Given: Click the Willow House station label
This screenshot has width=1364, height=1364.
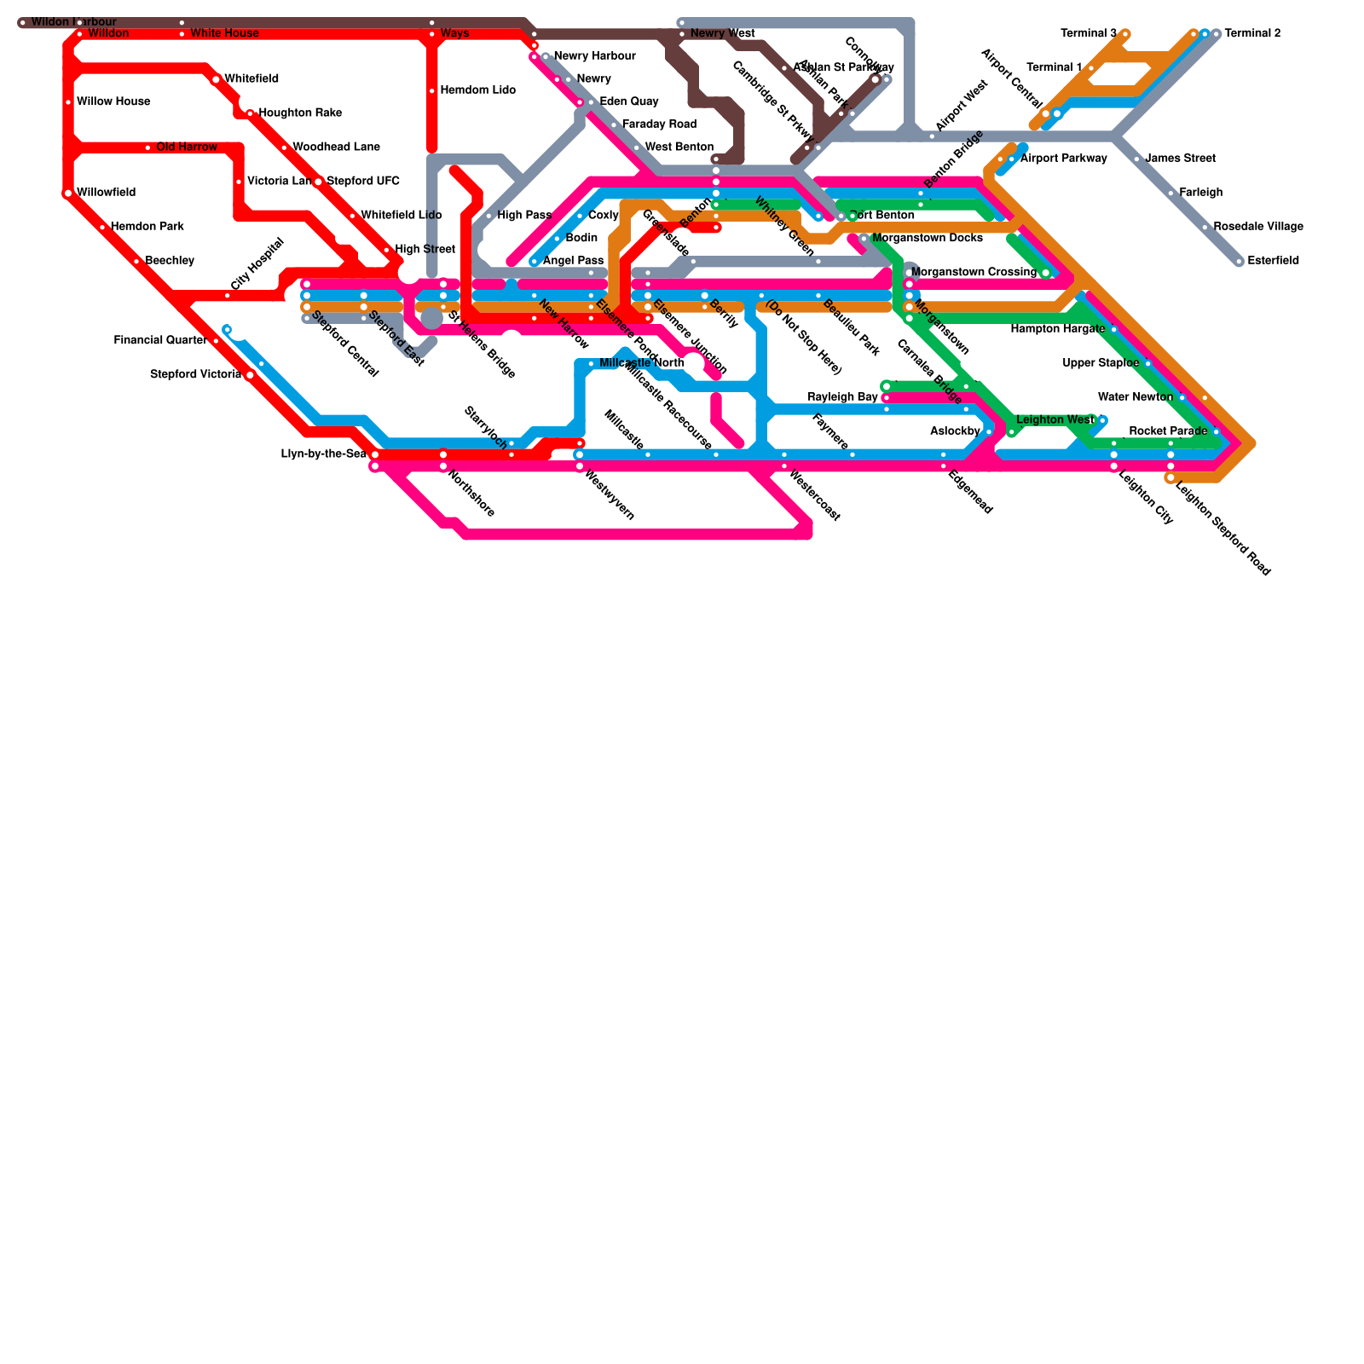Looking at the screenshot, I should tap(113, 102).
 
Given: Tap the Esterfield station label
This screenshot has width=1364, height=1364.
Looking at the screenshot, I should tap(1273, 261).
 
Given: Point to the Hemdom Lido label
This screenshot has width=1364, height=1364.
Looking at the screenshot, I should tap(477, 90).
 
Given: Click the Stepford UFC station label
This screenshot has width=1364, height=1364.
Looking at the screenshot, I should tap(363, 182).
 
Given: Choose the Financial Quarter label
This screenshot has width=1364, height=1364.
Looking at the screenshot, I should tap(160, 341).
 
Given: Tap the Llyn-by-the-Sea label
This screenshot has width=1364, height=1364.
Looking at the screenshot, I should tap(324, 454).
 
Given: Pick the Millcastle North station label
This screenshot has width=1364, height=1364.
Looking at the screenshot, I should tap(641, 364).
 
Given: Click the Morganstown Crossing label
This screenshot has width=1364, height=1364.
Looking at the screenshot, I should tap(974, 273).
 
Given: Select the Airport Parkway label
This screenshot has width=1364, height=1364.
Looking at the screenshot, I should tap(1063, 159).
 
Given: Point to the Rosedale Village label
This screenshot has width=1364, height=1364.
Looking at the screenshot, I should tap(1258, 227).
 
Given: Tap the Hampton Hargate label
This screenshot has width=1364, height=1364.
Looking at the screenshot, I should tap(1057, 329).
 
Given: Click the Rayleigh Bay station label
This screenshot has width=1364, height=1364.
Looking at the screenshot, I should tap(842, 397).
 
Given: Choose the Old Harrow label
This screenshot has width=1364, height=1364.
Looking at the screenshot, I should tap(187, 147).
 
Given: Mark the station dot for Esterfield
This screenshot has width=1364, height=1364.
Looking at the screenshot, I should tap(1240, 262).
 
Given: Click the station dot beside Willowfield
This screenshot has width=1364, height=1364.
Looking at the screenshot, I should tap(68, 194).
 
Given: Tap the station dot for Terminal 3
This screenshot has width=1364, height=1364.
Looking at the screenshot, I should tap(1125, 34).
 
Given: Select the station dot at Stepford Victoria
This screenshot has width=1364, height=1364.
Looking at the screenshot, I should tap(250, 375).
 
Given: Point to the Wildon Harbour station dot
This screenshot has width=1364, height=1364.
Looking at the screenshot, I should tap(23, 23).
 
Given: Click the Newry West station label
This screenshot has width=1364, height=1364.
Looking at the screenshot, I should tap(722, 34).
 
